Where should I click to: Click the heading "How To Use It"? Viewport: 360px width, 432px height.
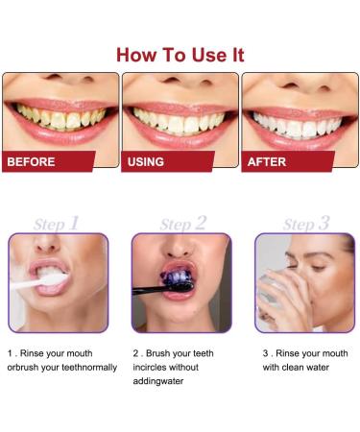pos(180,54)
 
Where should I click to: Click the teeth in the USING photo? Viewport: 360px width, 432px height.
pos(180,118)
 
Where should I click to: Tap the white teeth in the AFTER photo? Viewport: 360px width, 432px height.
pos(300,118)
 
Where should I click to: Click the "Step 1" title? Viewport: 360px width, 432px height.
pos(58,223)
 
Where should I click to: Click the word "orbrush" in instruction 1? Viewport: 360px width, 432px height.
pos(25,367)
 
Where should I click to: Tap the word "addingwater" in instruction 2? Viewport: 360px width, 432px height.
pos(157,380)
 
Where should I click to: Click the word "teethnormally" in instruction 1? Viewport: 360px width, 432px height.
pos(87,367)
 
